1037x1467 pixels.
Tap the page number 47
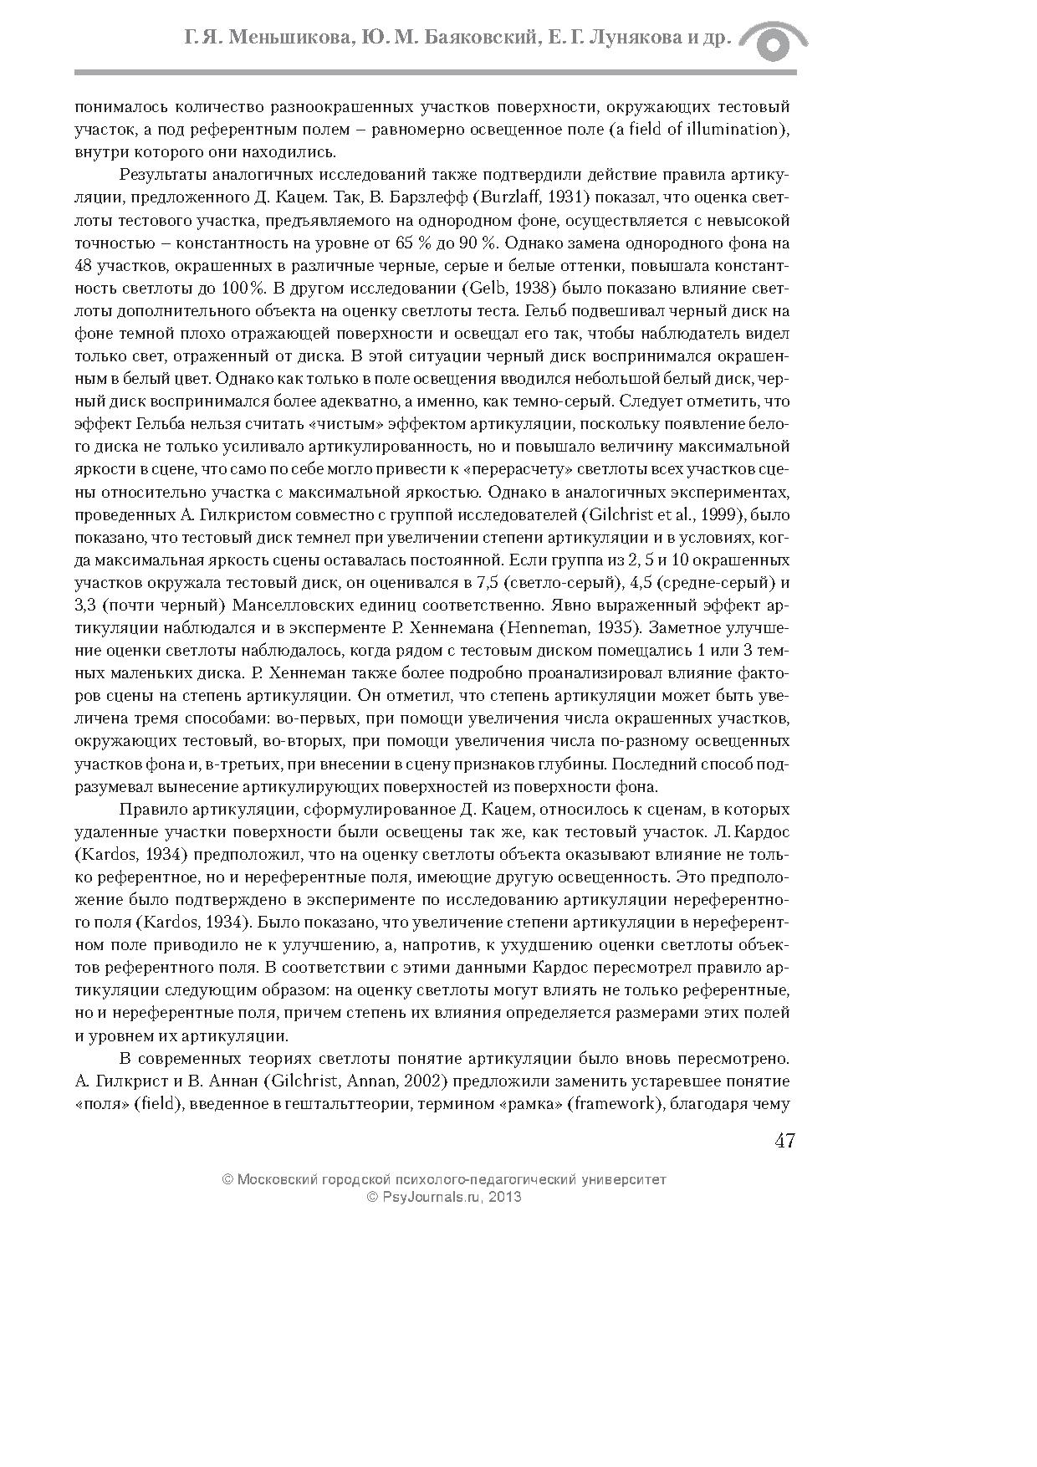pos(784,1141)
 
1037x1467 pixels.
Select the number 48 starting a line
pos(84,266)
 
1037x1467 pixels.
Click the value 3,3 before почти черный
pos(84,605)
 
